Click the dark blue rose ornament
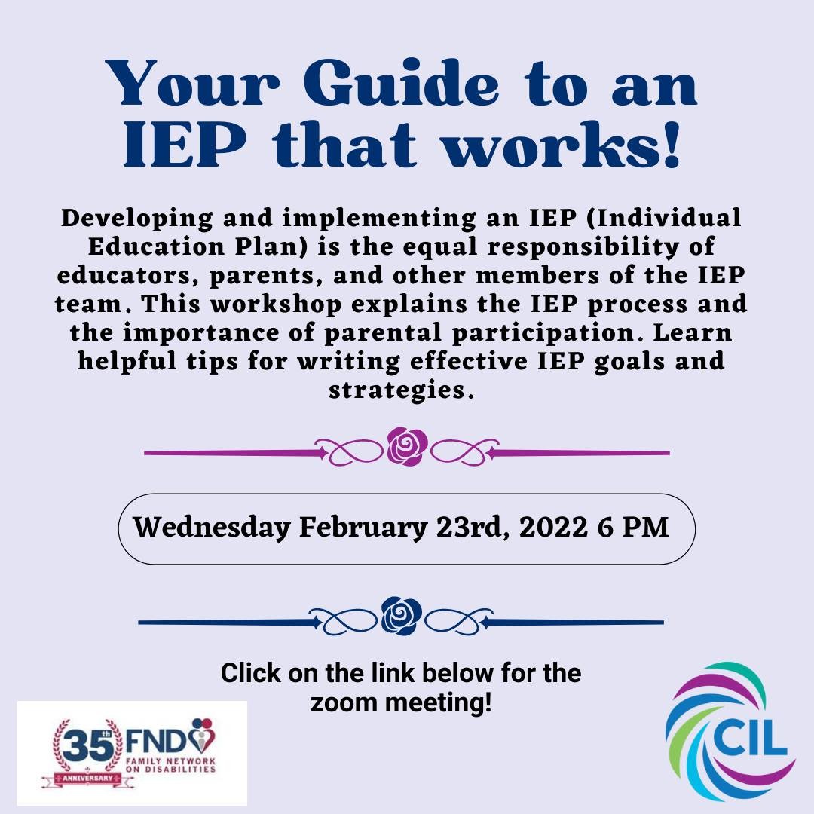402,615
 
